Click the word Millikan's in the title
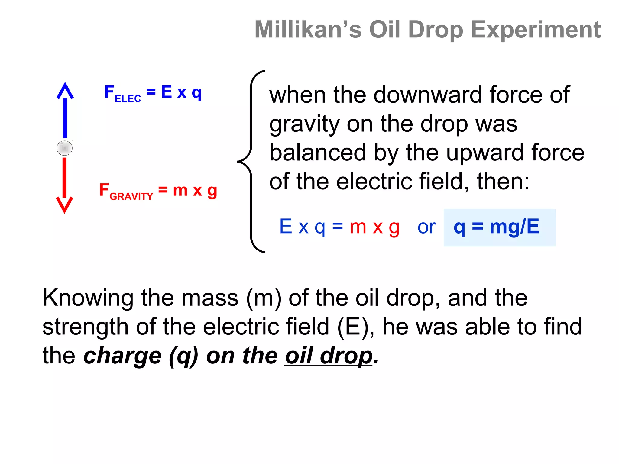coord(308,30)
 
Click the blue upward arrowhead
coord(65,90)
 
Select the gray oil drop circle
coord(65,148)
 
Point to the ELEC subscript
coord(128,99)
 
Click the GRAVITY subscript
coord(131,197)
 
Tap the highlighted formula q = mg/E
coord(496,227)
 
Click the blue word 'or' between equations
coord(426,227)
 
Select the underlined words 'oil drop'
coord(329,356)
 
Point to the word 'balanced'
coord(318,153)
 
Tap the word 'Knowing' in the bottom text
coord(88,298)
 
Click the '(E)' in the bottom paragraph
coord(353,327)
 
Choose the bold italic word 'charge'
coord(123,356)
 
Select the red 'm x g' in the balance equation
coord(374,227)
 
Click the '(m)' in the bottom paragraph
coord(264,298)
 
